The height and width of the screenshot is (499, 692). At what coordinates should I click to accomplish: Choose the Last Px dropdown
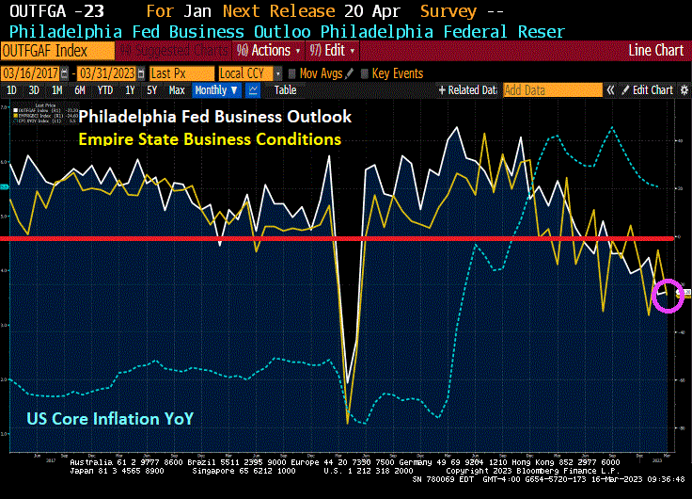click(181, 73)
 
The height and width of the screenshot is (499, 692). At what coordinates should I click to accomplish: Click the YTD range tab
click(105, 90)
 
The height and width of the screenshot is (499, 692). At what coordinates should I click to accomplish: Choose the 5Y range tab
click(152, 90)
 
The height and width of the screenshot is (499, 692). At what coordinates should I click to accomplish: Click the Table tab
click(285, 90)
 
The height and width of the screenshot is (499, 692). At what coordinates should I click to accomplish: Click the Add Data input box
click(551, 90)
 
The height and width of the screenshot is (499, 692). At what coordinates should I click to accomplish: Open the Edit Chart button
click(652, 90)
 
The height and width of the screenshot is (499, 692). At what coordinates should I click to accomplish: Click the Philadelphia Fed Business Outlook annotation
click(214, 118)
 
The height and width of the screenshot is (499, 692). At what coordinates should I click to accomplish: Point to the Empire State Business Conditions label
click(210, 138)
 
